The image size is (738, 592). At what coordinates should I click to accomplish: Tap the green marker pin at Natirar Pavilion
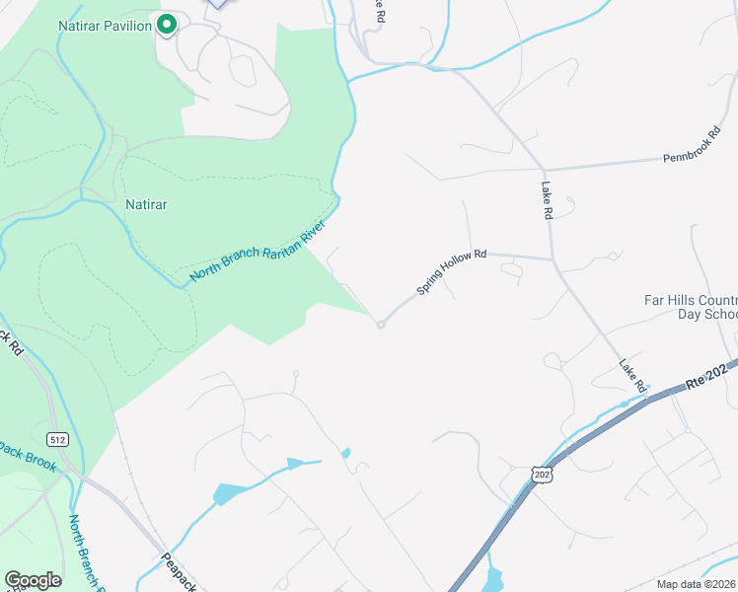tap(167, 24)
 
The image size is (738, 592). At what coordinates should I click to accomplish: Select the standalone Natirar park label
tap(146, 205)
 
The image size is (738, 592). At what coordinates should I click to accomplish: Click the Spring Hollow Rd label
tap(452, 271)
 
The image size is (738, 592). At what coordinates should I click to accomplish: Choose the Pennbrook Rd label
tap(692, 145)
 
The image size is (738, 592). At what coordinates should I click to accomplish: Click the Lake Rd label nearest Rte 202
tap(632, 374)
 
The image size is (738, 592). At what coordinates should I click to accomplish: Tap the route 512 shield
tap(58, 438)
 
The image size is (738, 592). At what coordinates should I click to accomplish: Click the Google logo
tap(33, 580)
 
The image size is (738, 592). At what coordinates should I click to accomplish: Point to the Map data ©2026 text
tap(697, 584)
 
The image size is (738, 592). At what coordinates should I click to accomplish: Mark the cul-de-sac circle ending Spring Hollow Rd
tap(380, 325)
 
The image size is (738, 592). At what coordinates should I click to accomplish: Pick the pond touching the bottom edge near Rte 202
tap(493, 580)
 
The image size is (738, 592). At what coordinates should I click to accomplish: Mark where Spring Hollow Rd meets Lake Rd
tap(552, 259)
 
